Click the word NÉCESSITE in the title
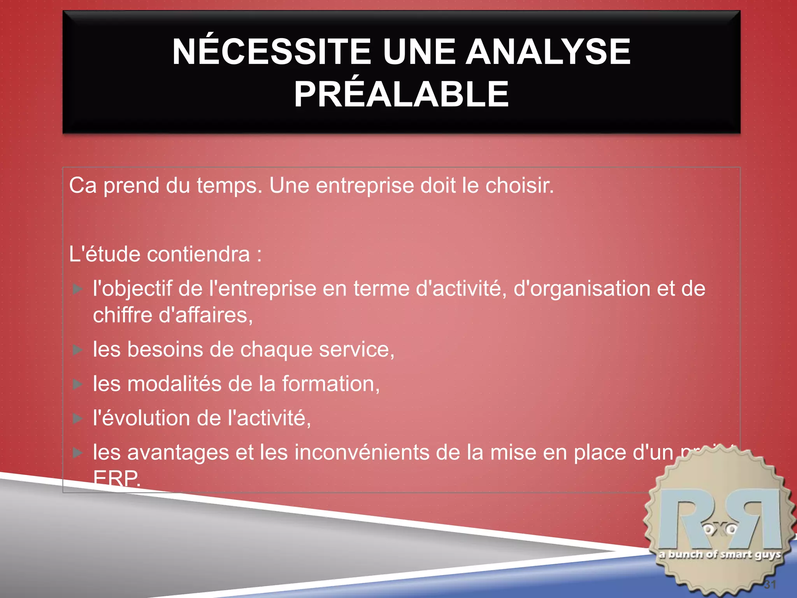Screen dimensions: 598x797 (271, 51)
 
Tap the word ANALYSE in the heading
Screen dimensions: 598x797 (548, 51)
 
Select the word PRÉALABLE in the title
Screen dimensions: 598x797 (401, 94)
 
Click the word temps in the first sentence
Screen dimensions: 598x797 (230, 186)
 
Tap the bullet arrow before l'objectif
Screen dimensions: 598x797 (78, 289)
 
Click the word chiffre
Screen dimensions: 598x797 (123, 315)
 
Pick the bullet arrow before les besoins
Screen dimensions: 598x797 (78, 350)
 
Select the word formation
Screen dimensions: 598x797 (330, 384)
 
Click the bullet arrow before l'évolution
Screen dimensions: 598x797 (78, 419)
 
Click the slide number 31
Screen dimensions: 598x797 (770, 584)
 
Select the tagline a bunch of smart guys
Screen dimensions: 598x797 (720, 555)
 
